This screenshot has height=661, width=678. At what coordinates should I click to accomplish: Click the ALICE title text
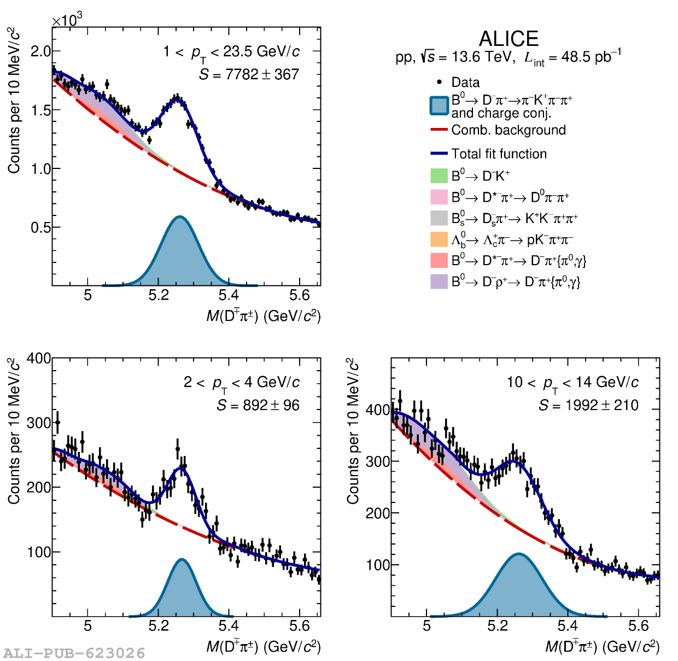click(508, 39)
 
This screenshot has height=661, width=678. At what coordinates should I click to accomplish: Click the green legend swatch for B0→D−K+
click(439, 176)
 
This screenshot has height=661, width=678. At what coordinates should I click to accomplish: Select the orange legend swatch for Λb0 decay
click(439, 239)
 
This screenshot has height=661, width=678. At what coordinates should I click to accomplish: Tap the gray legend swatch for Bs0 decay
click(439, 218)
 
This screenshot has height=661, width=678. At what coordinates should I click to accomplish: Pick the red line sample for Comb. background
click(439, 130)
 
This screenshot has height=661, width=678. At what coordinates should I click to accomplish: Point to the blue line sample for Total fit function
click(439, 154)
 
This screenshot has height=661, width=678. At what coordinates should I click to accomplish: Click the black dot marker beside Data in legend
click(439, 82)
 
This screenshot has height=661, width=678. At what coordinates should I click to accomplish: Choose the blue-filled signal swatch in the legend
click(439, 106)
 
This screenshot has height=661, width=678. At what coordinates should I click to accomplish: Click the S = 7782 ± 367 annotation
click(249, 74)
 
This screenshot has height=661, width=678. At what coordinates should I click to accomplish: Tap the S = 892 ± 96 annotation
click(258, 405)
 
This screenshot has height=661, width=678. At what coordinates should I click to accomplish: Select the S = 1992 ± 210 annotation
click(588, 405)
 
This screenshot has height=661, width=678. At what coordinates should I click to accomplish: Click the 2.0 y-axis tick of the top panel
click(40, 51)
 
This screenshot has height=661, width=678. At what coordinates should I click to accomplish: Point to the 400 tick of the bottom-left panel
click(39, 359)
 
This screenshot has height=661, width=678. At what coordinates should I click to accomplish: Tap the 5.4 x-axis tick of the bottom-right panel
click(568, 625)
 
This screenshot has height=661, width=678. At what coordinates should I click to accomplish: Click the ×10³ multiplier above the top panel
click(67, 20)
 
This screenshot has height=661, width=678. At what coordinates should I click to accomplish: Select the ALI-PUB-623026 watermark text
click(74, 653)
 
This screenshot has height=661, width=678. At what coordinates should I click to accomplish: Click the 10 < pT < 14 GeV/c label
click(572, 383)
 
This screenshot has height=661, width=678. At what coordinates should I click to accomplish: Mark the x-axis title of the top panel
click(263, 316)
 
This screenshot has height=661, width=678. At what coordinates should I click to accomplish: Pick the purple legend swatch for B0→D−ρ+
click(439, 282)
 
